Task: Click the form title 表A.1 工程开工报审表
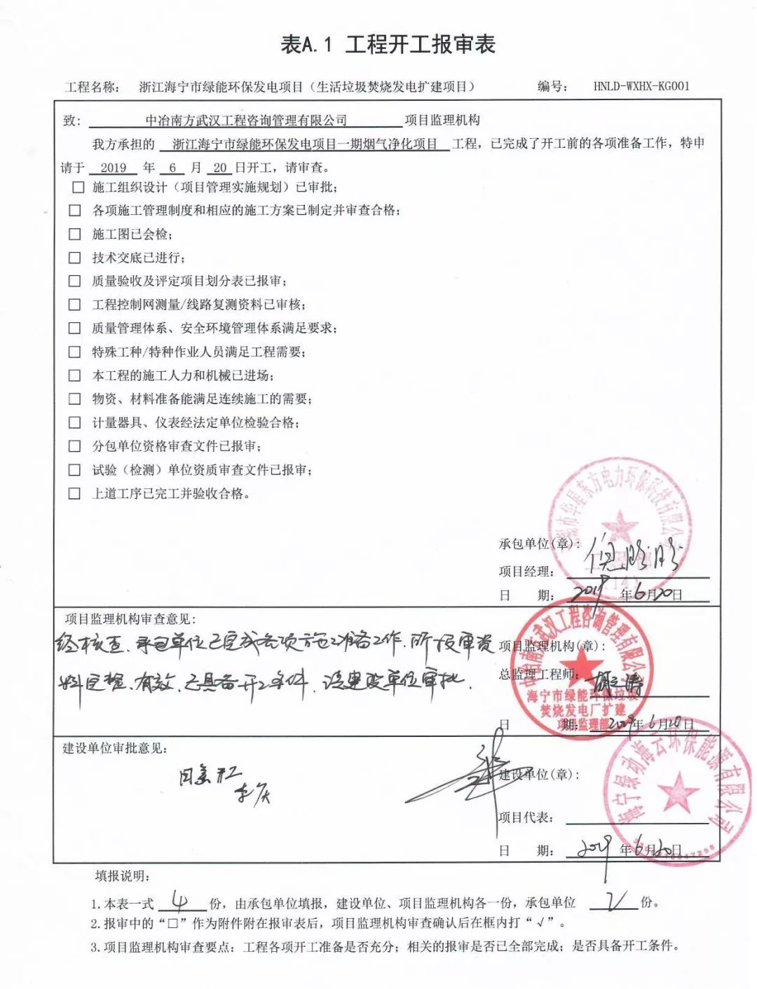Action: (x=388, y=45)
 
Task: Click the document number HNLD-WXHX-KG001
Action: (x=641, y=86)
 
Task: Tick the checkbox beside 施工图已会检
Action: (x=75, y=234)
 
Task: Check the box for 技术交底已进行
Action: (x=75, y=258)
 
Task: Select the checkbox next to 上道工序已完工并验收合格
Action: (x=74, y=494)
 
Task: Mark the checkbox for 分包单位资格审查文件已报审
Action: (x=74, y=446)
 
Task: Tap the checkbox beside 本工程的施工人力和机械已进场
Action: (x=74, y=375)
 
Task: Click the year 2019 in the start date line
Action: (x=114, y=168)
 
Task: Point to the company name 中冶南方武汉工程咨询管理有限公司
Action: (x=245, y=120)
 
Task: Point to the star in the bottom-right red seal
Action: (x=678, y=791)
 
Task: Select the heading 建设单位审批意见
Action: (x=115, y=748)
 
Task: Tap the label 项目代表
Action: (x=526, y=817)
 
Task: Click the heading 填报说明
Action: (x=123, y=876)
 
